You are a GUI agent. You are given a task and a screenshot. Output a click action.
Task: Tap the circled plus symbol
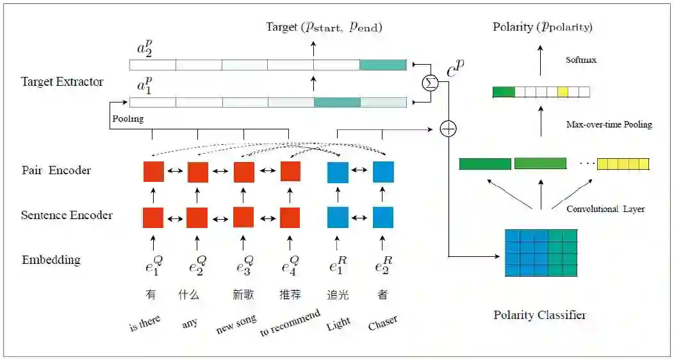[x=448, y=129]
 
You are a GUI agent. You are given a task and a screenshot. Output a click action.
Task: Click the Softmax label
[x=580, y=60]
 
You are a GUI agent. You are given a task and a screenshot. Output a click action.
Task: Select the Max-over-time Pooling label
[x=609, y=124]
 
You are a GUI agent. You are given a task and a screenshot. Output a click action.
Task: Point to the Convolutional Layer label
[x=605, y=209]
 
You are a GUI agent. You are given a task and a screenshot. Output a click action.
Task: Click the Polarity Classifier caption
[x=539, y=315]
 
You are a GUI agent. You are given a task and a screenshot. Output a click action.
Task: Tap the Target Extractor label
[x=62, y=82]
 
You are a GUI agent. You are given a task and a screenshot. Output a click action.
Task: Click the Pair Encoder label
[x=56, y=170]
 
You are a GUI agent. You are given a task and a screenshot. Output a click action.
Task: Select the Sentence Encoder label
[x=67, y=215]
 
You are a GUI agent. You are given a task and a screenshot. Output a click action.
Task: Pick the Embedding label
[x=51, y=260]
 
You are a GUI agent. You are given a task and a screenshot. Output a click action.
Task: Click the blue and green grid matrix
[x=541, y=252]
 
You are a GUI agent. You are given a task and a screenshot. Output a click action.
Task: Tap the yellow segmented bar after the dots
[x=623, y=164]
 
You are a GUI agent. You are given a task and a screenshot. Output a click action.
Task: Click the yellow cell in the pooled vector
[x=563, y=92]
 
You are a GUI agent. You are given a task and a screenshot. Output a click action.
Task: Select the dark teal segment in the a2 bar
[x=382, y=65]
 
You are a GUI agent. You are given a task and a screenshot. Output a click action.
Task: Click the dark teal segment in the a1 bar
[x=337, y=102]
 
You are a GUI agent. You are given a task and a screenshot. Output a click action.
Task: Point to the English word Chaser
[x=382, y=323]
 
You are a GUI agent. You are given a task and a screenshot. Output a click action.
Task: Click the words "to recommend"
[x=290, y=323]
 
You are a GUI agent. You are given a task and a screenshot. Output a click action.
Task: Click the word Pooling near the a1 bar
[x=128, y=119]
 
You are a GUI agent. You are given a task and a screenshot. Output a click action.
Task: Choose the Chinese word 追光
[x=337, y=295]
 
